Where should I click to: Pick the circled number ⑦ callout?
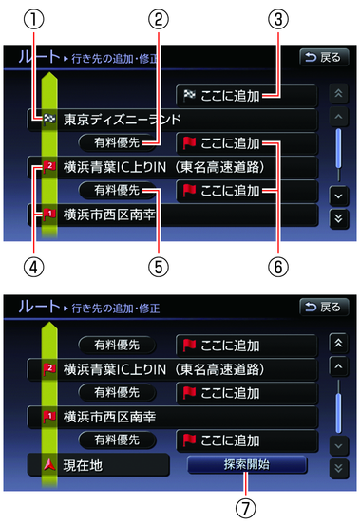(x=246, y=508)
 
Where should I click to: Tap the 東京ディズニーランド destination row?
(x=171, y=121)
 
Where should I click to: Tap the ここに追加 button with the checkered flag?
(x=245, y=95)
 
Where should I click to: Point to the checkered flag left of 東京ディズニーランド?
(x=48, y=121)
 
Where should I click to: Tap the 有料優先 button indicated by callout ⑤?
(x=115, y=191)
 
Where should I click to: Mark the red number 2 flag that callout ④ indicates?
(x=48, y=167)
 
